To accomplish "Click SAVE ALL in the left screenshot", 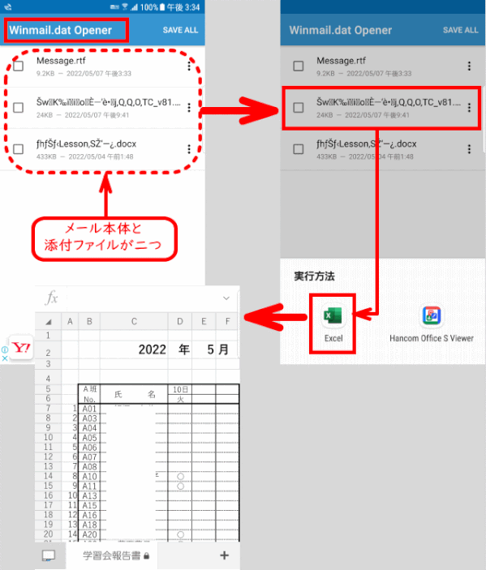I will pos(180,30).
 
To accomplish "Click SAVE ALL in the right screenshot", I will pos(460,30).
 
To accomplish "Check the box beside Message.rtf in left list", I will pos(18,66).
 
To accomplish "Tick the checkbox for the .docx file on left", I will pos(18,148).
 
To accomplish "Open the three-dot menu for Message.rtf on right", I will pos(468,66).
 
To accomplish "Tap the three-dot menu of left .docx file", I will pos(188,148).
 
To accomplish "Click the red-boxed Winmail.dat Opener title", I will pos(67,30).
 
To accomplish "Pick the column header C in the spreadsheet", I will pos(134,322).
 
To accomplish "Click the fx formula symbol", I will pos(50,298).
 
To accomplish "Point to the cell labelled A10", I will pos(89,476).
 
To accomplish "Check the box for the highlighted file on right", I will pos(299,107).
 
